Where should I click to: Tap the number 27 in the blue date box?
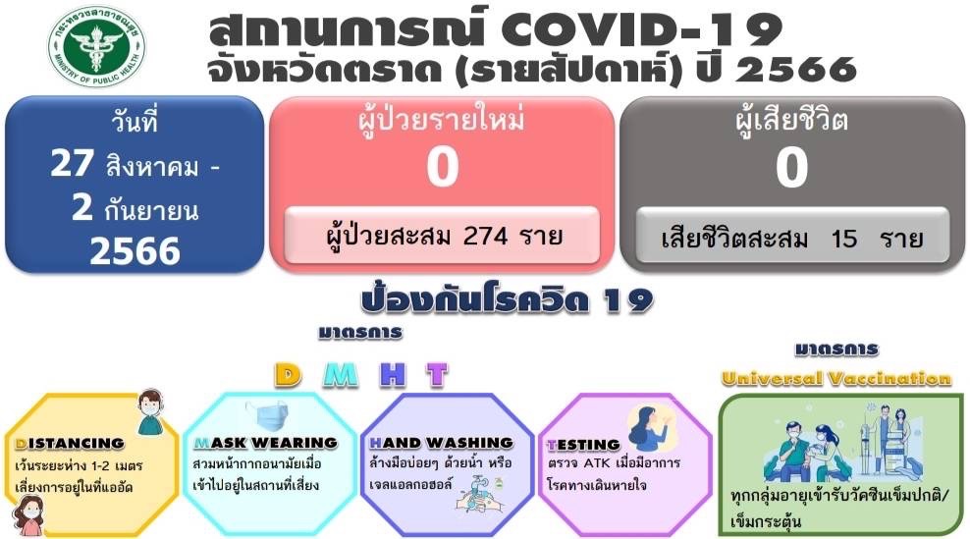tap(72, 163)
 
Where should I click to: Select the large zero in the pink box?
tap(443, 167)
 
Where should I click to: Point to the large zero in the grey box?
tap(792, 167)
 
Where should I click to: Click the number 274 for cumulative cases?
tap(486, 236)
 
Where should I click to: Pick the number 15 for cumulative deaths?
tap(843, 239)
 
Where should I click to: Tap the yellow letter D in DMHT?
tap(288, 375)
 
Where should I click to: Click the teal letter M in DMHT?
tap(341, 375)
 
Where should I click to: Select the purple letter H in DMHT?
tap(394, 375)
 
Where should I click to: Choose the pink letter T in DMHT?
tap(437, 375)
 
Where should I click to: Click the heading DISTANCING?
tap(70, 444)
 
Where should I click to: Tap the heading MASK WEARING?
tap(265, 443)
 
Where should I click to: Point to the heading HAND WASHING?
tap(441, 443)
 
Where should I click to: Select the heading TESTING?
tap(583, 445)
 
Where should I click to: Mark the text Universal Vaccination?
tap(836, 378)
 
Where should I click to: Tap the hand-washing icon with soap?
tap(478, 493)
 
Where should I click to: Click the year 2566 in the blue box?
tap(135, 251)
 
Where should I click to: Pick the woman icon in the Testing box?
tap(649, 427)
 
